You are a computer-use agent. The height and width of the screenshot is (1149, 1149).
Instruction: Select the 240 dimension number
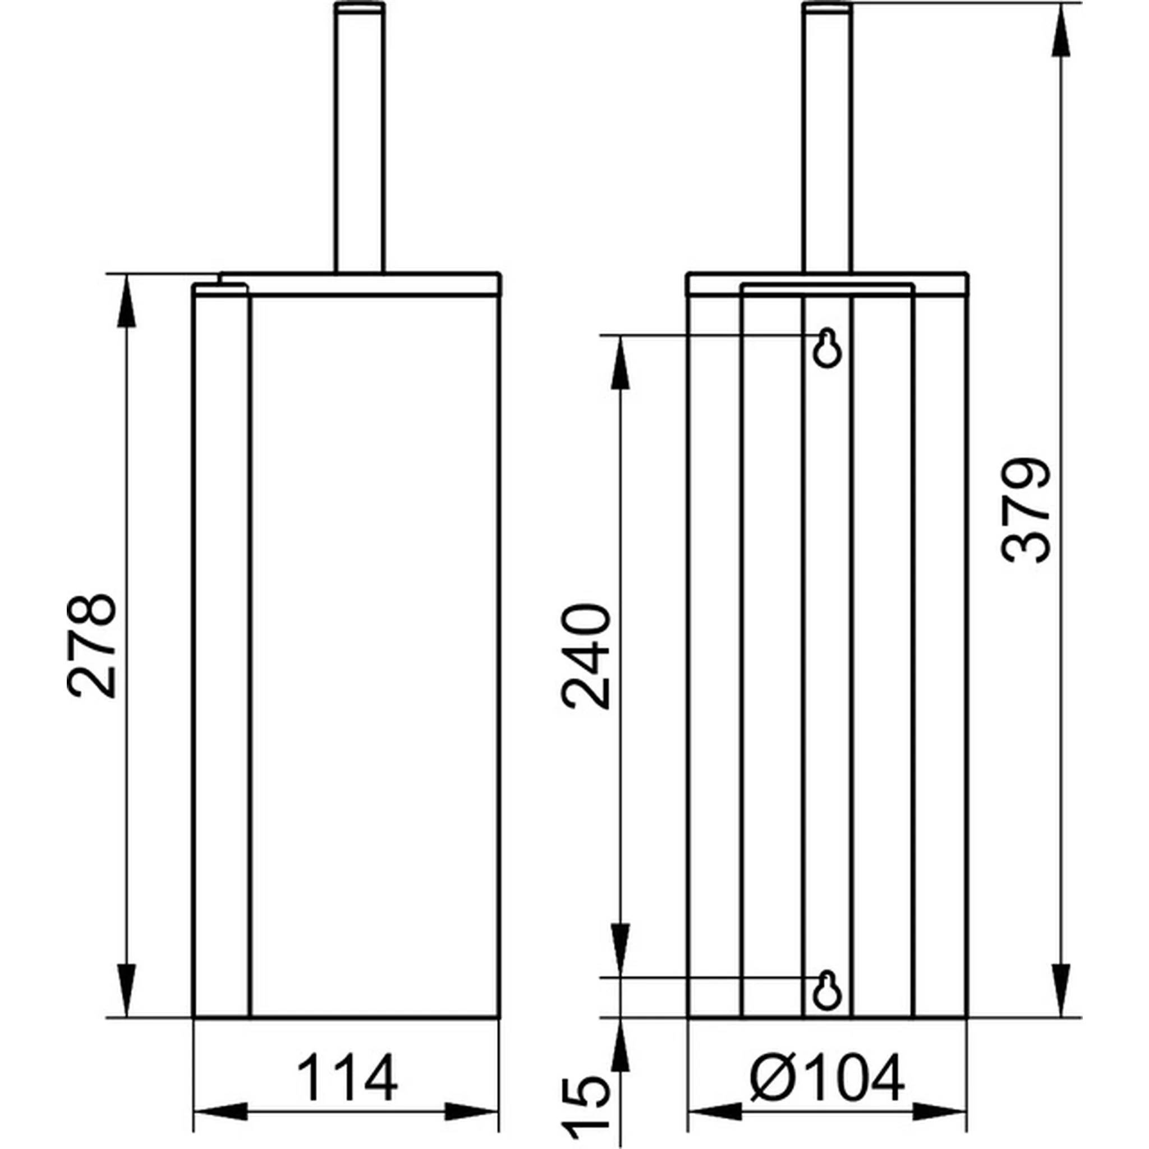585,656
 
